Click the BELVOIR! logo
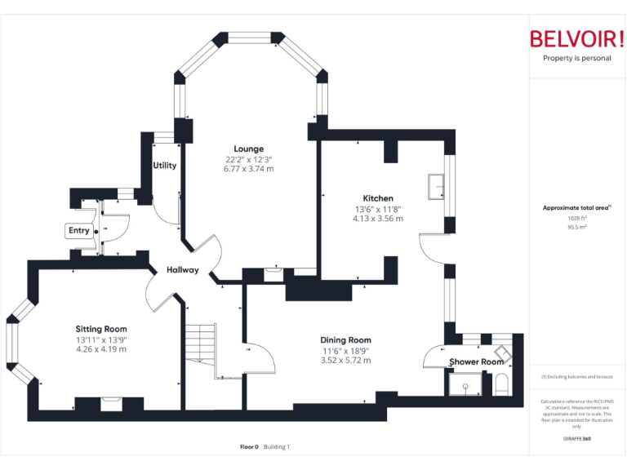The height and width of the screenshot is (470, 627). [x=576, y=39]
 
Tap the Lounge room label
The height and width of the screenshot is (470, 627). [x=248, y=149]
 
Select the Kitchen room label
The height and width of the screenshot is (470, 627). [x=378, y=198]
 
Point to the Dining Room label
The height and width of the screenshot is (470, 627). [x=345, y=339]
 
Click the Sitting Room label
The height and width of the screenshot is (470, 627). [x=101, y=329]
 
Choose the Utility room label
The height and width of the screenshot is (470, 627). [x=164, y=166]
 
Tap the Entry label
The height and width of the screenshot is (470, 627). [x=79, y=231]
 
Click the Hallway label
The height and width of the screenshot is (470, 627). [x=183, y=270]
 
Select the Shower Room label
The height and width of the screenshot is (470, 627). [x=476, y=361]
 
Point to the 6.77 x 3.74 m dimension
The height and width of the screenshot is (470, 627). [x=249, y=169]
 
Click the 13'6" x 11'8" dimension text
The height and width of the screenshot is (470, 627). [x=378, y=209]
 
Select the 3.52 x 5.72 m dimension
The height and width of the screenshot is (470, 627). [x=345, y=360]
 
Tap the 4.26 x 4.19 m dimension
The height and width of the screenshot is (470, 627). [x=101, y=349]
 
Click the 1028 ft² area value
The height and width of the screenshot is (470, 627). [x=576, y=218]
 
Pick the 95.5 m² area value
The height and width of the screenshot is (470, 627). [x=576, y=227]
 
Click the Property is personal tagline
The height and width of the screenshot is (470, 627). [x=576, y=58]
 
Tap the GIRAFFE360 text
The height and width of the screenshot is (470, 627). [x=576, y=439]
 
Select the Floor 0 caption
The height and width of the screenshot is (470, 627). [x=249, y=446]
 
